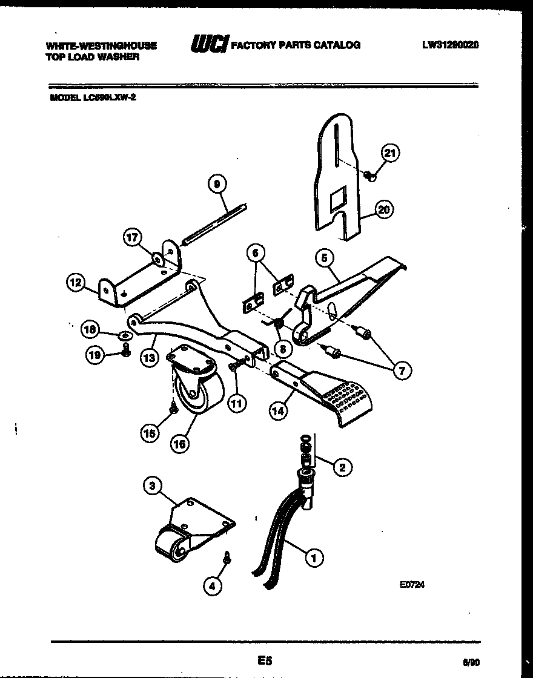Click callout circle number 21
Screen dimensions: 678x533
click(391, 153)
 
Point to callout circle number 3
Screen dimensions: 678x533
click(153, 485)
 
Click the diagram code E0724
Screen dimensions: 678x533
click(411, 585)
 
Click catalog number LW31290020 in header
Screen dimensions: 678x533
click(451, 45)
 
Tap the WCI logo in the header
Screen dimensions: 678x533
click(209, 44)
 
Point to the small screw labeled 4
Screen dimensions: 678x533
click(228, 556)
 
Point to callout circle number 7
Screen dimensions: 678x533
click(401, 370)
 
